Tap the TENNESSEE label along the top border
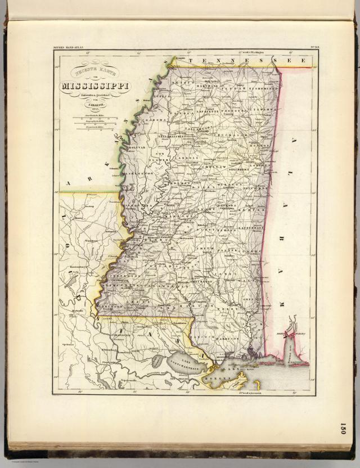247,60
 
